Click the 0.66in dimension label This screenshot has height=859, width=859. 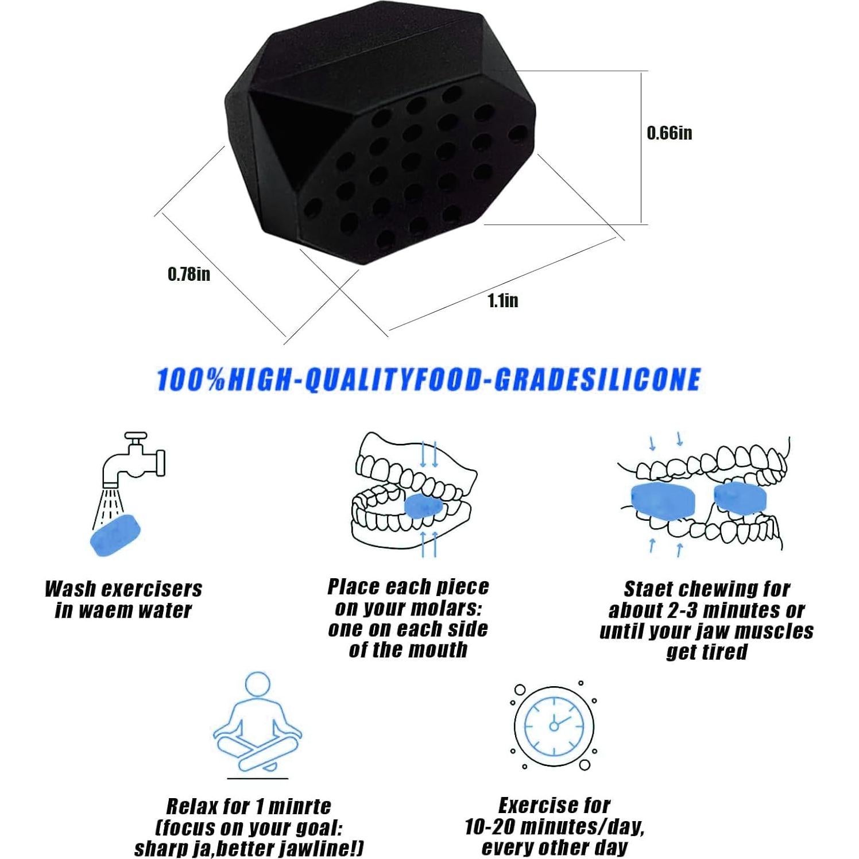pyautogui.click(x=669, y=133)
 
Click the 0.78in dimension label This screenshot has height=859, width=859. pyautogui.click(x=188, y=274)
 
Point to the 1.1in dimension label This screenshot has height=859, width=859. pyautogui.click(x=502, y=300)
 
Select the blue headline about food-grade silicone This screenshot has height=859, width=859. pyautogui.click(x=428, y=380)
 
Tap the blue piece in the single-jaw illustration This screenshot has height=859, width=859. pyautogui.click(x=424, y=506)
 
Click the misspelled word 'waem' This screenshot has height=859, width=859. pyautogui.click(x=104, y=610)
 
